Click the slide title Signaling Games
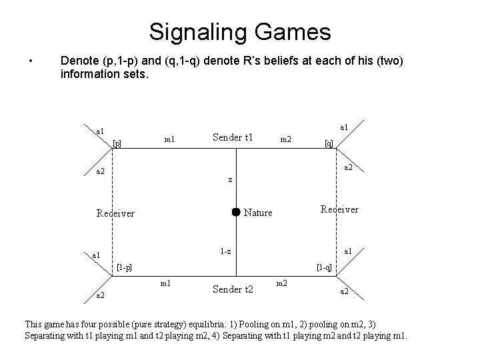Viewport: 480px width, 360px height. click(239, 31)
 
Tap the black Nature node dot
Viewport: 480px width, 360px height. click(235, 212)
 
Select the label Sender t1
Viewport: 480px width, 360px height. click(233, 137)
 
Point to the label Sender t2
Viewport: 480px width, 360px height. click(233, 289)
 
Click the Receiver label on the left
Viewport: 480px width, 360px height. click(115, 213)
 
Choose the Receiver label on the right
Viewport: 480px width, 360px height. click(339, 209)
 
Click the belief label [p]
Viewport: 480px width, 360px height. click(117, 143)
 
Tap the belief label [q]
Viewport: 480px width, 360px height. click(328, 143)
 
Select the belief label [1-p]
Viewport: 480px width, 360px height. click(123, 267)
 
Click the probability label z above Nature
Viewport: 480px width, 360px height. click(230, 179)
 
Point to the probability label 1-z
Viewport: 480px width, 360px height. click(226, 251)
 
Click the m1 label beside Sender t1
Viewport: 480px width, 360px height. click(169, 139)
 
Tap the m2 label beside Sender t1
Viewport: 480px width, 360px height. click(285, 139)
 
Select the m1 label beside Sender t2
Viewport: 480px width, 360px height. click(166, 284)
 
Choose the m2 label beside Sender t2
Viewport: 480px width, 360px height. click(281, 284)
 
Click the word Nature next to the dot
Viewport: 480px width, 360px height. click(259, 213)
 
